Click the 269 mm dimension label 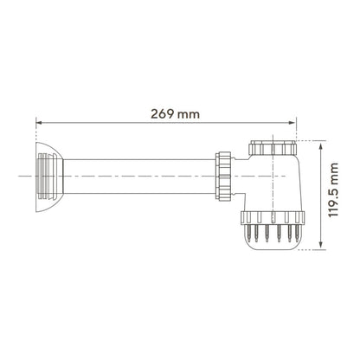coord(175,114)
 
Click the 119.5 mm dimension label coord(333,190)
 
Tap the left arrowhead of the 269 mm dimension coord(39,123)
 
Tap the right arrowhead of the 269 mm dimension coord(292,123)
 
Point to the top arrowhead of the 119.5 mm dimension coord(321,145)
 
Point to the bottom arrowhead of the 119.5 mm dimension coord(321,246)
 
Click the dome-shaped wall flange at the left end coord(49,177)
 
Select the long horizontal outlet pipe coord(139,177)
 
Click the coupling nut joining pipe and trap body coord(223,177)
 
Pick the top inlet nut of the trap coord(273,148)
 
